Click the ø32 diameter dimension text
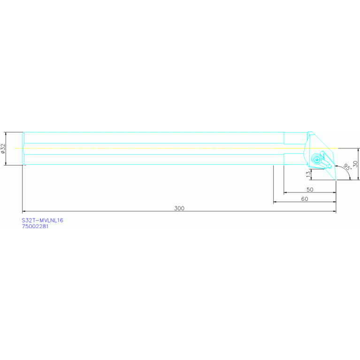coord(3,148)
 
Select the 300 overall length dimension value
coord(179,208)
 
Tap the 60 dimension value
coord(305,199)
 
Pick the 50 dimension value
coord(310,190)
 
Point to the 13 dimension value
coord(308,174)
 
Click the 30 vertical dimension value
coord(355,164)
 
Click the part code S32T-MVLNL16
coord(42,221)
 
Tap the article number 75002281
coord(35,226)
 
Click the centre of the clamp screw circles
coord(317,159)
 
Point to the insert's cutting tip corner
coord(336,180)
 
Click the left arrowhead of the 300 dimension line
coord(23,211)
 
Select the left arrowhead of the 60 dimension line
coord(275,202)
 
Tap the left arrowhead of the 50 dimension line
coord(285,192)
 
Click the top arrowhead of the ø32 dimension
coord(6,133)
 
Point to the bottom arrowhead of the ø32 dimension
coord(6,164)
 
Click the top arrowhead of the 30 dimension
coord(359,150)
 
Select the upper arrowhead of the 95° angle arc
coord(336,165)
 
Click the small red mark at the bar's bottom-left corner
coord(25,165)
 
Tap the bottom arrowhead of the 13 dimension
coord(311,178)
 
